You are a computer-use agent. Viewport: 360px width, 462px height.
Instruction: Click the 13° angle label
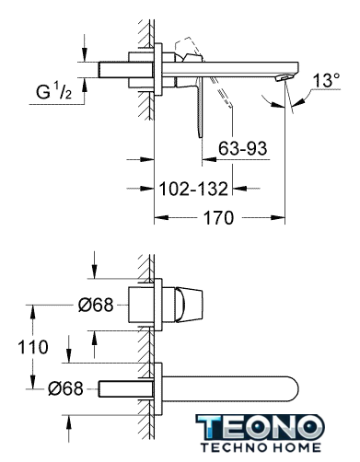tap(326, 80)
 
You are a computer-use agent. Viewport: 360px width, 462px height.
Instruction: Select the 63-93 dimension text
tap(243, 148)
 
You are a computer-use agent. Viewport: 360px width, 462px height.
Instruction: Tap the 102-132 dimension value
tap(193, 189)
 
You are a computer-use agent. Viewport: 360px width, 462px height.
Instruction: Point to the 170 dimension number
tap(219, 218)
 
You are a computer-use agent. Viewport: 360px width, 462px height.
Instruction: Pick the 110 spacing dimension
tap(33, 347)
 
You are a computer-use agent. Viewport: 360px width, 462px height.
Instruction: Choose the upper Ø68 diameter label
tap(96, 305)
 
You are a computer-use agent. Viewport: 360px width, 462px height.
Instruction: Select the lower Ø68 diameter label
tap(65, 388)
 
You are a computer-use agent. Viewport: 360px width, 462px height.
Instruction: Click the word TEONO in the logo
tap(261, 427)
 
